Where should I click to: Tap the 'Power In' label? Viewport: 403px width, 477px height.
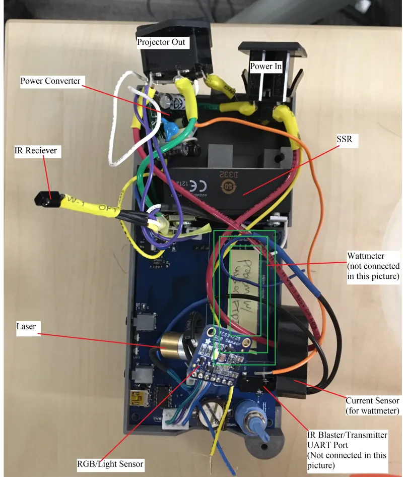pos(265,66)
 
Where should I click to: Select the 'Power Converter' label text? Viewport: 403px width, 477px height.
pos(50,81)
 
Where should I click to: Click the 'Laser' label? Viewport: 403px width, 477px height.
pos(27,327)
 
